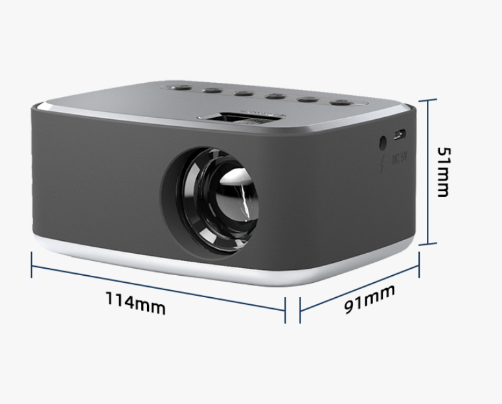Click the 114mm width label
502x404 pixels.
pyautogui.click(x=136, y=302)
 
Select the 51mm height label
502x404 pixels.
pyautogui.click(x=443, y=172)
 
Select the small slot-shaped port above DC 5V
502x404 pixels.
pyautogui.click(x=400, y=134)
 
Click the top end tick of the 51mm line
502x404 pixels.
pyautogui.click(x=427, y=100)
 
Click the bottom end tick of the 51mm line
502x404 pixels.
pyautogui.click(x=427, y=245)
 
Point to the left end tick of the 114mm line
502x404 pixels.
pyautogui.click(x=32, y=264)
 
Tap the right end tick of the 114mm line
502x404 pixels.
pyautogui.click(x=285, y=311)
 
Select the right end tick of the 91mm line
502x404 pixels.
pyautogui.click(x=420, y=263)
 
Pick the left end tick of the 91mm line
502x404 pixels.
pyautogui.click(x=300, y=311)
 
